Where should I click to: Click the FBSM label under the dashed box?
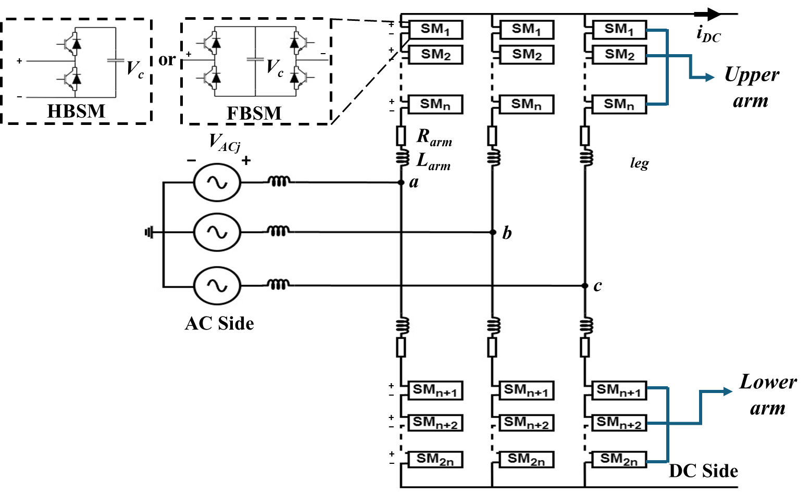[254, 113]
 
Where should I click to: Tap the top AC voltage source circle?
[217, 183]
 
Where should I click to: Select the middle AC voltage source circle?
[217, 232]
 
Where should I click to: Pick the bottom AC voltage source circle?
[217, 286]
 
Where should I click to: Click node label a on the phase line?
[414, 182]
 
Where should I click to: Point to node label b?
[507, 233]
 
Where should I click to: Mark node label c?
[597, 286]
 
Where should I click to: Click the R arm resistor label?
[434, 137]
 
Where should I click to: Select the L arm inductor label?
[433, 161]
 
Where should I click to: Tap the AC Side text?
[219, 323]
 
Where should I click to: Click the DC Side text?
[703, 471]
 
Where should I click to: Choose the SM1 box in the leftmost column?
[435, 30]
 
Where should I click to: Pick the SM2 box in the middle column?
[527, 55]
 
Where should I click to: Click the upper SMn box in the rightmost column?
[619, 105]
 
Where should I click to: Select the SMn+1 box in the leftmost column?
[435, 390]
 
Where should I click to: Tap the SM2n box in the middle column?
[526, 460]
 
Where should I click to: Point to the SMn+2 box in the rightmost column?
[619, 423]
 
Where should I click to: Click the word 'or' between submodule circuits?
[167, 60]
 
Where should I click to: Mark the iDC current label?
[708, 35]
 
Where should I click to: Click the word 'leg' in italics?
[639, 163]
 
